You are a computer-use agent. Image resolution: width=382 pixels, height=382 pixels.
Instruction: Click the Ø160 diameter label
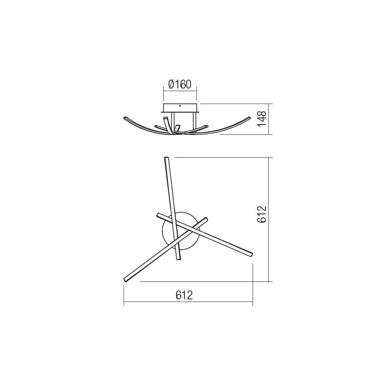[x=180, y=84]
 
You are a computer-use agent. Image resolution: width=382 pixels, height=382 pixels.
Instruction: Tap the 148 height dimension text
[x=262, y=119]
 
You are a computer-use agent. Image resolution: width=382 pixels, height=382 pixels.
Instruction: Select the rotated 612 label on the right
[x=262, y=214]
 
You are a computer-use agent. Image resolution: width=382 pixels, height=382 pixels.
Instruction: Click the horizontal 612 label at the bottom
[x=184, y=295]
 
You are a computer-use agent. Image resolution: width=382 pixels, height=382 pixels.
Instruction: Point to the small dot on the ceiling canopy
[x=180, y=106]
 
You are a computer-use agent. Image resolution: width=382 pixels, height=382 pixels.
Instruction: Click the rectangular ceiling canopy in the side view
[x=180, y=109]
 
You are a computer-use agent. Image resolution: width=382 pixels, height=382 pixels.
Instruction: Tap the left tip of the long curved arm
[x=125, y=118]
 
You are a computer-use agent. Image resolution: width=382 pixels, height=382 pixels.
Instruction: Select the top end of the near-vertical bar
[x=166, y=158]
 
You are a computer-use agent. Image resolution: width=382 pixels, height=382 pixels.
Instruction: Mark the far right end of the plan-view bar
[x=251, y=254]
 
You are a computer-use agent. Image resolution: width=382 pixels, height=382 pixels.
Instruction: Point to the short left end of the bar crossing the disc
[x=158, y=214]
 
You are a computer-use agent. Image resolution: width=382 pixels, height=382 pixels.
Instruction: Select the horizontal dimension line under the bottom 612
[x=188, y=304]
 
